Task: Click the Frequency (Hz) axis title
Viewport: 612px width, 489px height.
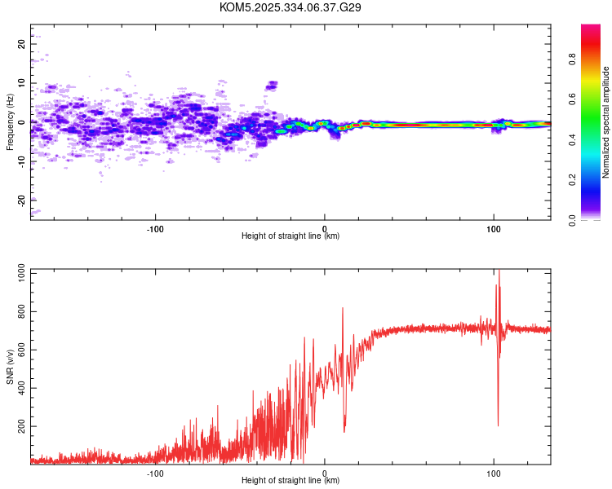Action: pyautogui.click(x=10, y=122)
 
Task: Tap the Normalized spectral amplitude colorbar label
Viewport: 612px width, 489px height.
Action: pyautogui.click(x=606, y=122)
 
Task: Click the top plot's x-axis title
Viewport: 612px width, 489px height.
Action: pyautogui.click(x=290, y=236)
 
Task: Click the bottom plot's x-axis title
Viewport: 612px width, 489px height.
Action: pyautogui.click(x=290, y=480)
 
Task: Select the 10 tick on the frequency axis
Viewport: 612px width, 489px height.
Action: pyautogui.click(x=22, y=83)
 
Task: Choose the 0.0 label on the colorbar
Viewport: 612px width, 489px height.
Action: pyautogui.click(x=596, y=219)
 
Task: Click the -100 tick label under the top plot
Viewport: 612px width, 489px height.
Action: pyautogui.click(x=155, y=227)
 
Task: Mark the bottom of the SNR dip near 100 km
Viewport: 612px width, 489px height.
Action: pyautogui.click(x=498, y=425)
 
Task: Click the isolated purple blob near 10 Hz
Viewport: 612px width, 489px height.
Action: pyautogui.click(x=272, y=84)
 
